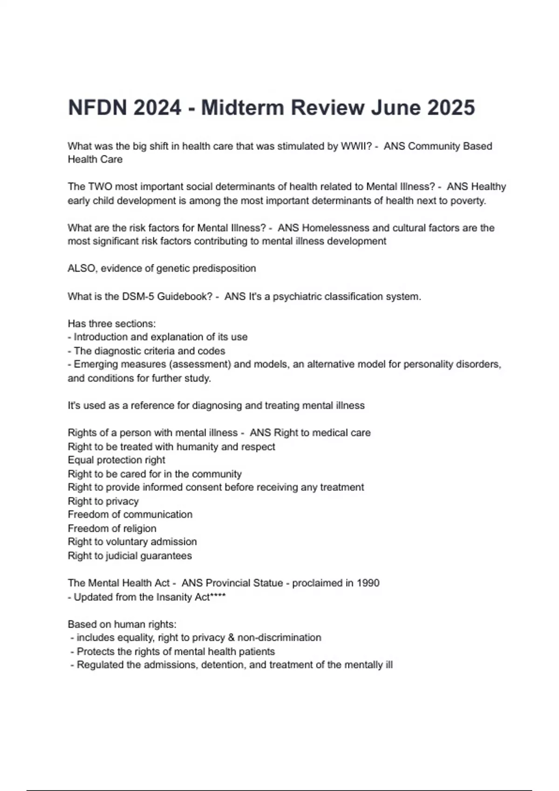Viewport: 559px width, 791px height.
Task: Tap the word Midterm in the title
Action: [x=242, y=107]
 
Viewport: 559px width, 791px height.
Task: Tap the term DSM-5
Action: [x=138, y=296]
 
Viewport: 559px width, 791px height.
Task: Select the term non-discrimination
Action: [x=279, y=637]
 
